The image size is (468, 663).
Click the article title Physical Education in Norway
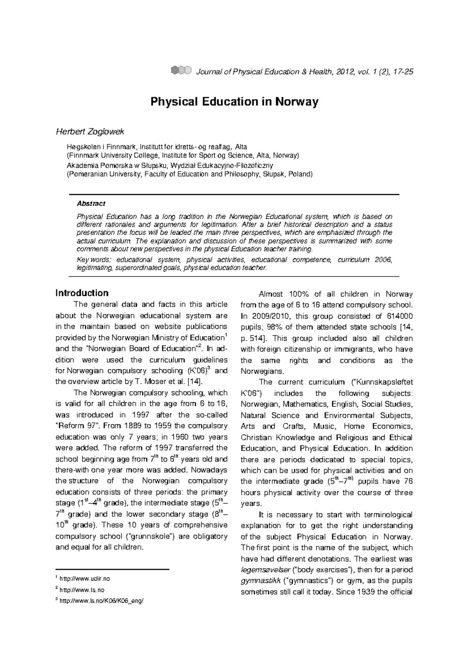pos(234,102)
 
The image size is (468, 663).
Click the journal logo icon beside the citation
pos(181,70)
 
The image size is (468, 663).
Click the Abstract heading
pos(91,204)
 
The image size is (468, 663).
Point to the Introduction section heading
pos(82,293)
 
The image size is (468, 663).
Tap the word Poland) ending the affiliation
pos(301,174)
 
